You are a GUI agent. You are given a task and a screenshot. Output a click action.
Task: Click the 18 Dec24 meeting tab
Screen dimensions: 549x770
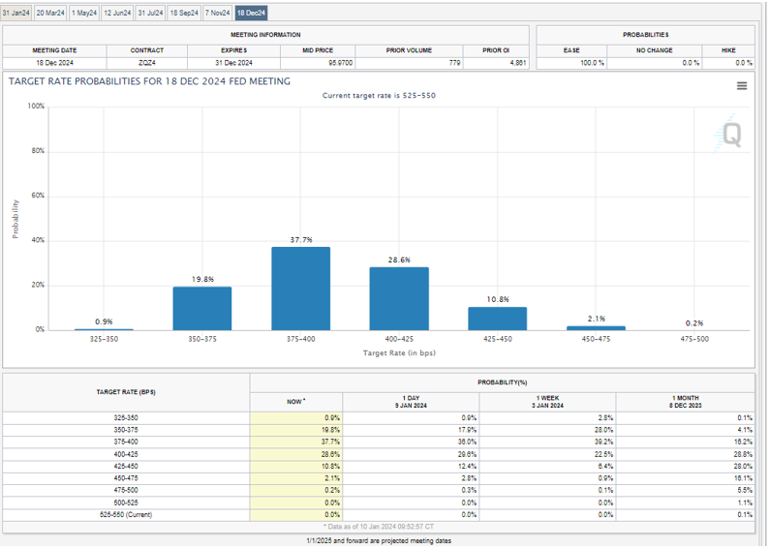[x=251, y=13]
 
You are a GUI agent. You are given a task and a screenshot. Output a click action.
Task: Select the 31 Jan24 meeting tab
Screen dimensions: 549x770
[x=17, y=13]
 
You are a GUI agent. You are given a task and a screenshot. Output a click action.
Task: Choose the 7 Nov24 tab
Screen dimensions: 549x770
[x=217, y=13]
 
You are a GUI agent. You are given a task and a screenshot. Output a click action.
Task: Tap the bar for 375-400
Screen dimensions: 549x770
[x=300, y=289]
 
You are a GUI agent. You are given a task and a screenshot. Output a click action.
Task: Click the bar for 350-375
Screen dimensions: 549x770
[x=202, y=308]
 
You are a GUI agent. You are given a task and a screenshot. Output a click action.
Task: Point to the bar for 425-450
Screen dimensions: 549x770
[x=497, y=319]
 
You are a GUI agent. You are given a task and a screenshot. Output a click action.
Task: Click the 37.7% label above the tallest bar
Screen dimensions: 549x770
[x=301, y=239]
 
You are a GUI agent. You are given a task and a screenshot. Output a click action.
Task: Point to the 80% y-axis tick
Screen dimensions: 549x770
[x=38, y=151]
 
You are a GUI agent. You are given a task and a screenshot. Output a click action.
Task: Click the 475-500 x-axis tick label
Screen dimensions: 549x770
[x=693, y=340]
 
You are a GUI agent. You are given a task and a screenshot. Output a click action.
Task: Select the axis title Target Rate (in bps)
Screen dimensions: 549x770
[x=399, y=353]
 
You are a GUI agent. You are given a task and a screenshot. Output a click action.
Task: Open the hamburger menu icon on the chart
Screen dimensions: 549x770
[x=742, y=85]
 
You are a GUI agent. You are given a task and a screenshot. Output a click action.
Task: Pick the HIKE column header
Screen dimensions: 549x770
[x=727, y=49]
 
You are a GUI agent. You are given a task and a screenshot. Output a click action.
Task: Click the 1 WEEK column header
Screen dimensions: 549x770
[x=548, y=401]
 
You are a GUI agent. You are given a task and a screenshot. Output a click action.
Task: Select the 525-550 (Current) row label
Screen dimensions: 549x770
[x=125, y=514]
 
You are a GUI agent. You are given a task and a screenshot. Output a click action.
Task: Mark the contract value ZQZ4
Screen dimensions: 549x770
[x=146, y=62]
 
